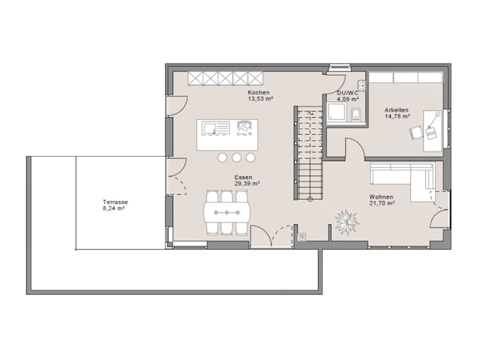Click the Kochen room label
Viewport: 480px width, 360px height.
point(259,91)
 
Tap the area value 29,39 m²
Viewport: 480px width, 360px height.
point(246,183)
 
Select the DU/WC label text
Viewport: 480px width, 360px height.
point(347,92)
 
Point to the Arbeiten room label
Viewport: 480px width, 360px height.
point(396,110)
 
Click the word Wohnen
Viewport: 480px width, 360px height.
point(380,197)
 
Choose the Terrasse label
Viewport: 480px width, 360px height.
point(115,202)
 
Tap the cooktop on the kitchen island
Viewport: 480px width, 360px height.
point(244,129)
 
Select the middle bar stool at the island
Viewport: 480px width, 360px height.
point(237,157)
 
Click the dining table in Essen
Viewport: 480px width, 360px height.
point(226,213)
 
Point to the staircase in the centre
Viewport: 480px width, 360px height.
point(308,154)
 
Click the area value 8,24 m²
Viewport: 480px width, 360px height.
point(115,208)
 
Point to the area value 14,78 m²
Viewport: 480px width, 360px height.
point(396,116)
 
